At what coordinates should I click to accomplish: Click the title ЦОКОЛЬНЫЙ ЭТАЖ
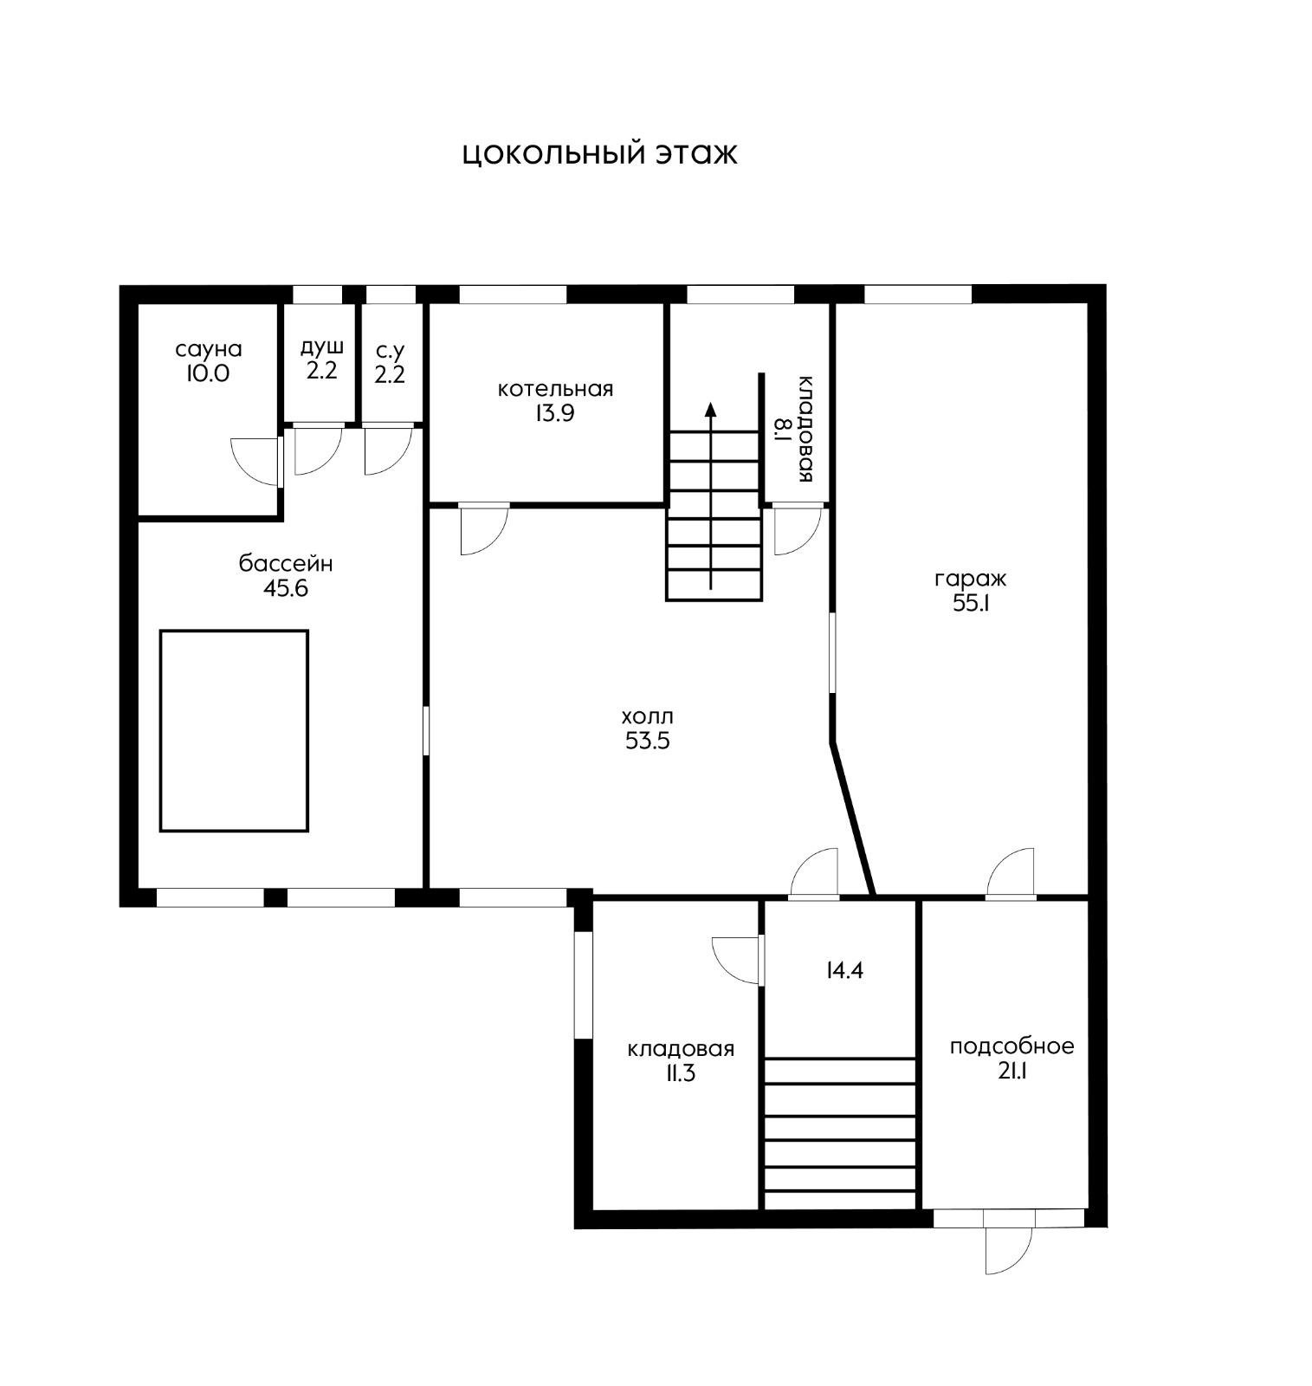tap(599, 154)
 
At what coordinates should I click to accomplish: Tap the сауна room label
tap(208, 350)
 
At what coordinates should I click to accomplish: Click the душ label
tap(322, 347)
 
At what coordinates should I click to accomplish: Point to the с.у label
tap(390, 352)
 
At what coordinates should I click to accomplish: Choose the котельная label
tap(555, 389)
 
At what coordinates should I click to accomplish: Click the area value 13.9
tap(554, 413)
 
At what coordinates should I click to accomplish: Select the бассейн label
tap(286, 564)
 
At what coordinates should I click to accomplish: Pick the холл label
tap(647, 717)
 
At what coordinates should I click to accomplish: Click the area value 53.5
tap(648, 742)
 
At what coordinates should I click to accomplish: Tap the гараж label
tap(970, 579)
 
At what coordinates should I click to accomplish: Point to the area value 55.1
tap(971, 604)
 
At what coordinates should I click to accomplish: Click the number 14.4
tap(844, 970)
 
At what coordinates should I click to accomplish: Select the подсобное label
tap(1011, 1046)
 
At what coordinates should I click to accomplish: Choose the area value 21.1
tap(1011, 1072)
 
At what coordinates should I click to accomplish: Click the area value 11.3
tap(680, 1074)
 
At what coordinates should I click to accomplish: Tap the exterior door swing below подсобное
tap(1009, 1247)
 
